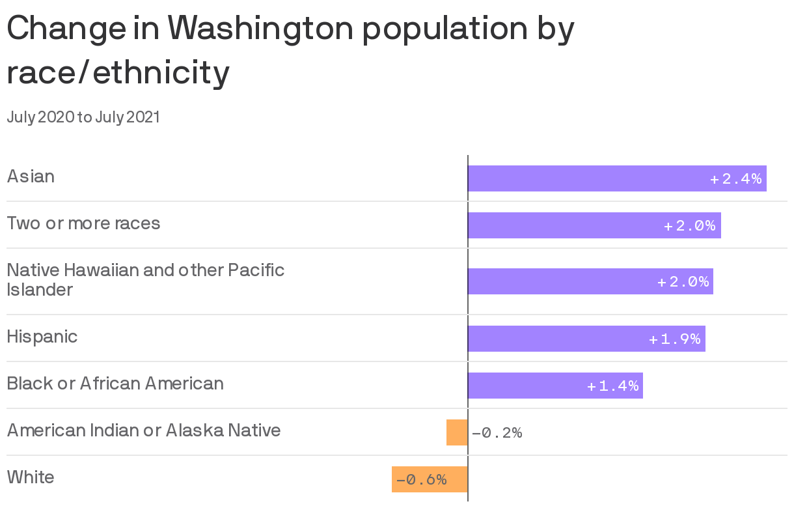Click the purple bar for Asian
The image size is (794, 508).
(586, 178)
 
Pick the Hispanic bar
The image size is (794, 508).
(553, 339)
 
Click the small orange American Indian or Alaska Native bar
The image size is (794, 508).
(457, 432)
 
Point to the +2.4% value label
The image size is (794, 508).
(735, 179)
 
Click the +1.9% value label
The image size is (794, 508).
(675, 339)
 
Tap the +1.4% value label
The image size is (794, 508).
(613, 386)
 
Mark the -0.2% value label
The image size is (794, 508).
(497, 433)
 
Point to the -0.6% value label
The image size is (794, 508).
(422, 480)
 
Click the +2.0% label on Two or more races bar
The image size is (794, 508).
(690, 226)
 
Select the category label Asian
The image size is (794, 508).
(31, 176)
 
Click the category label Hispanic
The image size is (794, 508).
(42, 337)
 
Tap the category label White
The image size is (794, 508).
(31, 477)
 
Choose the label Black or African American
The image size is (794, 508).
(115, 384)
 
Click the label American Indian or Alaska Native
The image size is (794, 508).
(144, 430)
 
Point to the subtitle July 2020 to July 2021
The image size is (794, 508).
(83, 117)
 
